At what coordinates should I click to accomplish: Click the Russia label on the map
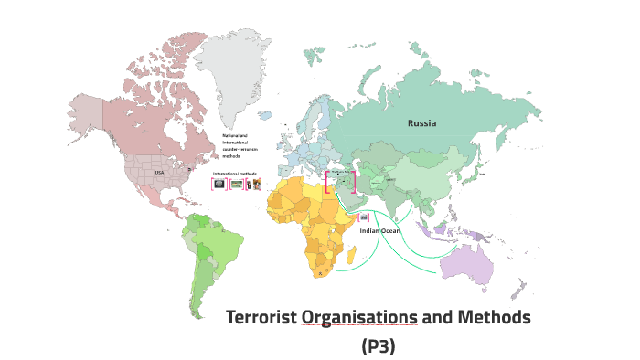point(421,122)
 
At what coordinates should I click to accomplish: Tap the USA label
point(158,173)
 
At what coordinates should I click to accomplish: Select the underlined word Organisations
point(359,318)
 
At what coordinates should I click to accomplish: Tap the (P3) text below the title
point(379,346)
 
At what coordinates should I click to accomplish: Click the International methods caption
point(235,173)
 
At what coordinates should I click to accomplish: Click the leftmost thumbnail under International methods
point(219,184)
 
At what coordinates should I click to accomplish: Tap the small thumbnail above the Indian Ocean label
point(365,217)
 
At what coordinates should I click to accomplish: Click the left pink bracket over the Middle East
point(326,181)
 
